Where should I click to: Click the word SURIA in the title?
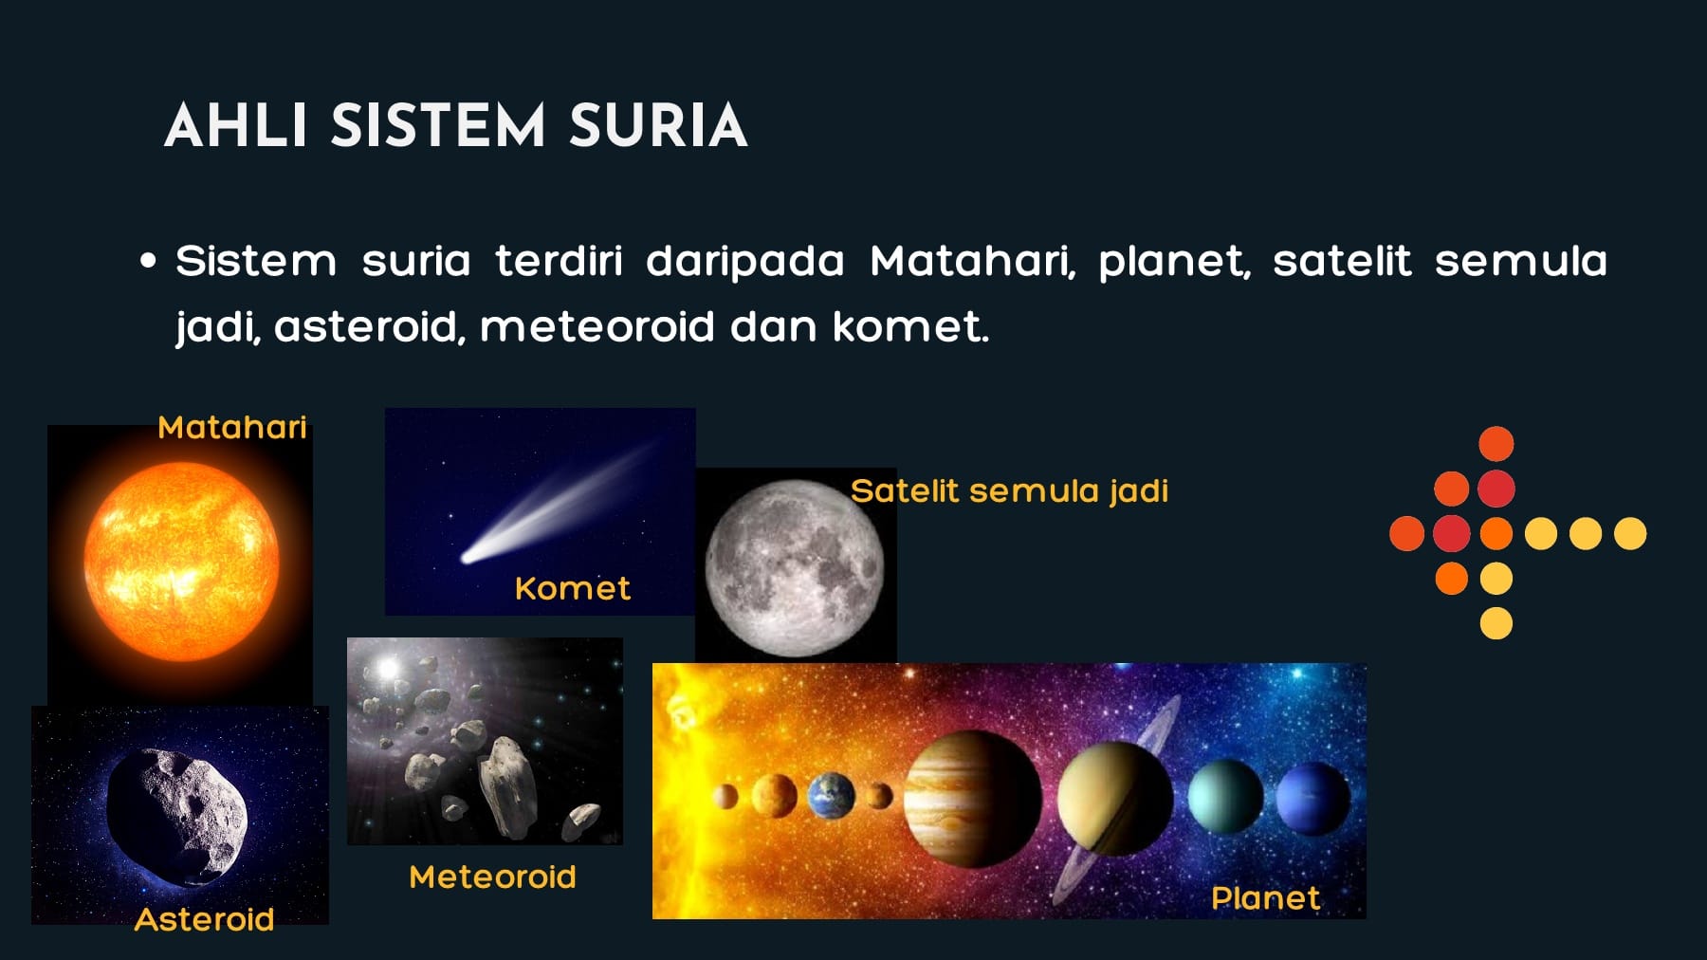tap(658, 126)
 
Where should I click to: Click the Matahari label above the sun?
tap(232, 428)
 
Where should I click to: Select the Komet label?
tap(572, 589)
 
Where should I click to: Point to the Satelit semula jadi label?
tap(1009, 491)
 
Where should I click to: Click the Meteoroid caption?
tap(492, 877)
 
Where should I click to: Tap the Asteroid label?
tap(204, 919)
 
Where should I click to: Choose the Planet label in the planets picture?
tap(1265, 898)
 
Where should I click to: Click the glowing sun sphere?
tap(181, 562)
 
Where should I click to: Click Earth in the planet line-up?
tap(831, 795)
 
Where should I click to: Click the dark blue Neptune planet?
tap(1312, 798)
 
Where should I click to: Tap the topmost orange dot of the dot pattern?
tap(1496, 444)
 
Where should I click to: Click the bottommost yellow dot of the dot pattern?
tap(1496, 623)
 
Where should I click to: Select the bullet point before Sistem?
tap(147, 261)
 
